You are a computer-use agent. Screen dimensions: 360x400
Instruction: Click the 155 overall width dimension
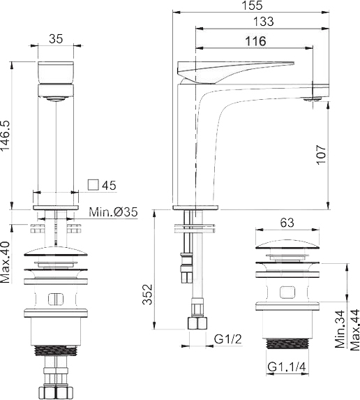coord(252,6)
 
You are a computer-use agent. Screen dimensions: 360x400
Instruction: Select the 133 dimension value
coord(264,22)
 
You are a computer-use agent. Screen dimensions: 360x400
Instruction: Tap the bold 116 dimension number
coord(255,41)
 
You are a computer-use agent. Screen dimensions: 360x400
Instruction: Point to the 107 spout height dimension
coord(321,154)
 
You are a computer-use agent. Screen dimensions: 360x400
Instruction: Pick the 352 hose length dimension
coord(147,294)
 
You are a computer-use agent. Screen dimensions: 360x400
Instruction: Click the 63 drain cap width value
coord(287,223)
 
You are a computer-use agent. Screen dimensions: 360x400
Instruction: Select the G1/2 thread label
coord(227,339)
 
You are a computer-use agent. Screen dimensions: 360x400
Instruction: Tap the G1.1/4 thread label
coord(287,367)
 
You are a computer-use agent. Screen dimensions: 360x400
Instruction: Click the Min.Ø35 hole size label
coord(113,212)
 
